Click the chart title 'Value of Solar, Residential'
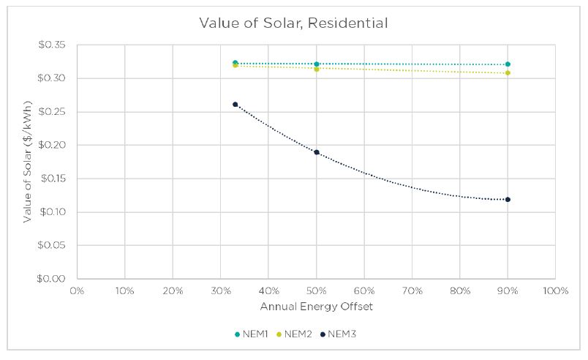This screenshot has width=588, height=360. tap(293, 23)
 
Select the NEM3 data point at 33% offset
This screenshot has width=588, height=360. tap(235, 105)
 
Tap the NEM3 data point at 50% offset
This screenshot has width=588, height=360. tap(317, 152)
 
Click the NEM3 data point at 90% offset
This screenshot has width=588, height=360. tap(508, 200)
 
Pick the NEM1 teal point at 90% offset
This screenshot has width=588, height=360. tap(508, 64)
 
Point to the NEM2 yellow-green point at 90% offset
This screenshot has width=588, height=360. tap(508, 72)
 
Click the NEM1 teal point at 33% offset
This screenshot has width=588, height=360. tap(235, 63)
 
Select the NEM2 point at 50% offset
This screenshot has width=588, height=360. tap(317, 70)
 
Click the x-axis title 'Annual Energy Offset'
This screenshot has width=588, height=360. tap(317, 307)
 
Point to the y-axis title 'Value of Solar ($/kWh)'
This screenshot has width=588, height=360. tap(27, 162)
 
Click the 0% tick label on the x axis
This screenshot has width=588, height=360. tap(77, 290)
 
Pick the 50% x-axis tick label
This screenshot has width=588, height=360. tap(317, 290)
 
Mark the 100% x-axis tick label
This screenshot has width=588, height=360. tap(555, 290)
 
